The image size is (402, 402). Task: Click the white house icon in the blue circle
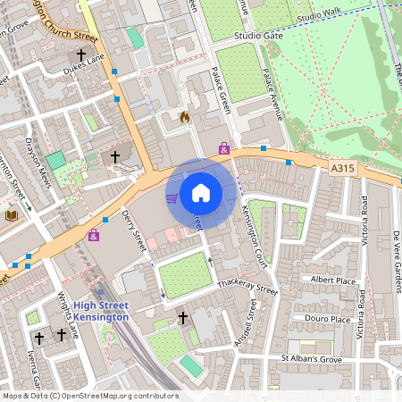[201, 192]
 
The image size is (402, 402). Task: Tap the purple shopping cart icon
[172, 197]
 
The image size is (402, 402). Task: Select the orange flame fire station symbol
[185, 116]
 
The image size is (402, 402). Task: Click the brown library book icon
[11, 215]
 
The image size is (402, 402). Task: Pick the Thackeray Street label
[248, 288]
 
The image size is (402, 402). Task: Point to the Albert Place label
[332, 280]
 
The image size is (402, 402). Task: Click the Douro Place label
[328, 319]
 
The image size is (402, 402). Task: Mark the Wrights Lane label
[69, 315]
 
